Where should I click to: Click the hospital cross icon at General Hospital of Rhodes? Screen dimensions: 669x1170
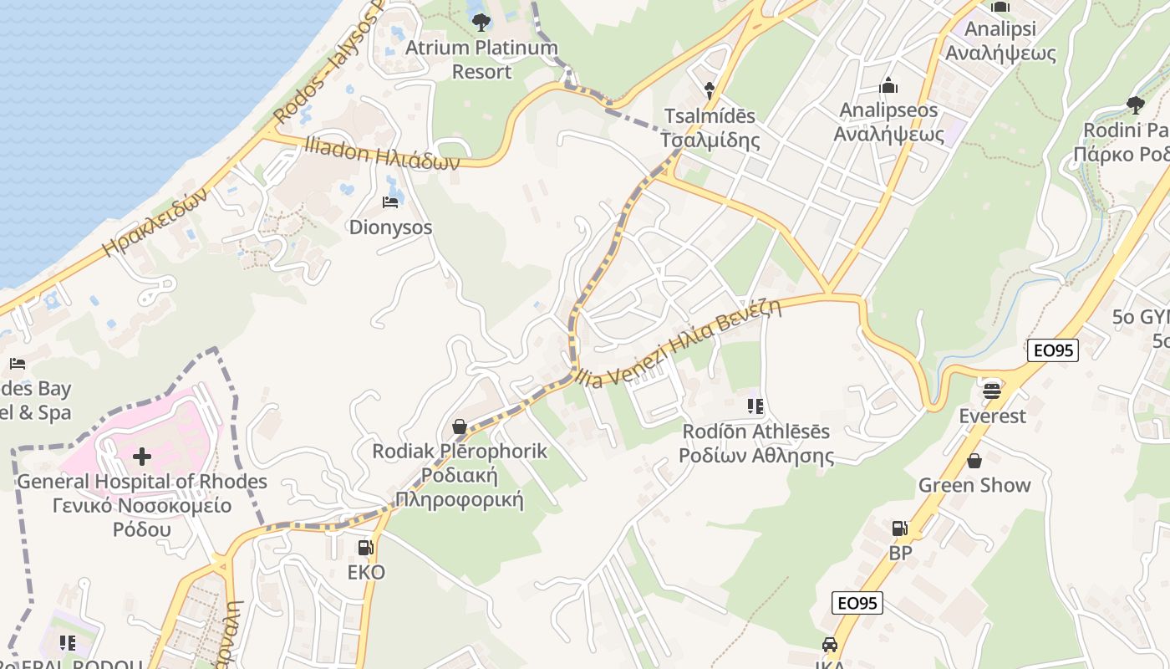coord(142,457)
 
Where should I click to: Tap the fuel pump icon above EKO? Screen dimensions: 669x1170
coord(365,548)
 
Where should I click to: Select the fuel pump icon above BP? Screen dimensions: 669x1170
coord(899,528)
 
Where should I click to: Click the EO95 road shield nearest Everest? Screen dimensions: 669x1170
coord(1053,351)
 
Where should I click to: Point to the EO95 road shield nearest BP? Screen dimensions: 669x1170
coord(857,602)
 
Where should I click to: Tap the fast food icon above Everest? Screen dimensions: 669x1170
coord(992,391)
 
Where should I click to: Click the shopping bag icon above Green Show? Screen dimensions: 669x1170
coord(974,461)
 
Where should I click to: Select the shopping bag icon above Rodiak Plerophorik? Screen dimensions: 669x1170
coord(459,427)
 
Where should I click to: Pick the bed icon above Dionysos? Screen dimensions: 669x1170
coord(390,202)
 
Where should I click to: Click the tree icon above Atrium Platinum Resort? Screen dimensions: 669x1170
coord(481,23)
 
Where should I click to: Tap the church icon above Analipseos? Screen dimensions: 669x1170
coord(888,85)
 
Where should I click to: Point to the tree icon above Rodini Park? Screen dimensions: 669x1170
coord(1135,105)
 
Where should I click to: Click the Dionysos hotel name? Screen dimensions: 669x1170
coord(390,227)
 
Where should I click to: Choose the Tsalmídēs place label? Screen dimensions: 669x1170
coord(710,116)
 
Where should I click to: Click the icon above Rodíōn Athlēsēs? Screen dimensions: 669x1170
coord(755,407)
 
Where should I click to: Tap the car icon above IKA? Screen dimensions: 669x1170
coord(829,645)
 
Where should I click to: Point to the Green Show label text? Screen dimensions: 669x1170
coord(974,485)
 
